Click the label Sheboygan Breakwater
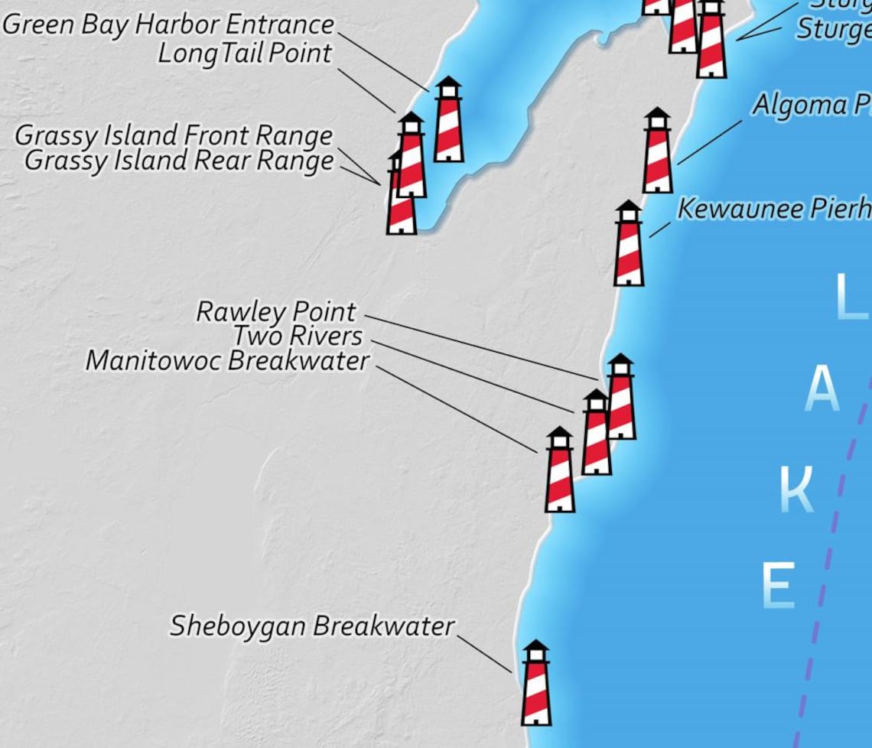tap(312, 626)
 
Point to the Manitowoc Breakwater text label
tap(227, 361)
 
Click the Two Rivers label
tap(298, 336)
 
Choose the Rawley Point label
tap(276, 311)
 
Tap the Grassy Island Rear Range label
tap(179, 161)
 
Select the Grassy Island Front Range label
tap(174, 136)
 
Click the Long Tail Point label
tap(245, 54)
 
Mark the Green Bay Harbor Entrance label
tap(168, 24)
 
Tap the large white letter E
tap(778, 585)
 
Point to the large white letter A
tap(822, 389)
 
